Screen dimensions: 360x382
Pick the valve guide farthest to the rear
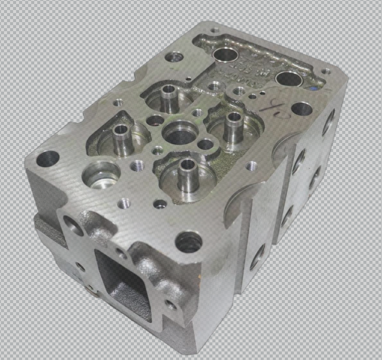pos(169,91)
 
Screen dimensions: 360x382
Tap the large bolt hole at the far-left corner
pos(48,158)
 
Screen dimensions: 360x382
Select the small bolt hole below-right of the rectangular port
pos(171,305)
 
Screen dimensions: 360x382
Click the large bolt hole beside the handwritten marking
pos(301,108)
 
